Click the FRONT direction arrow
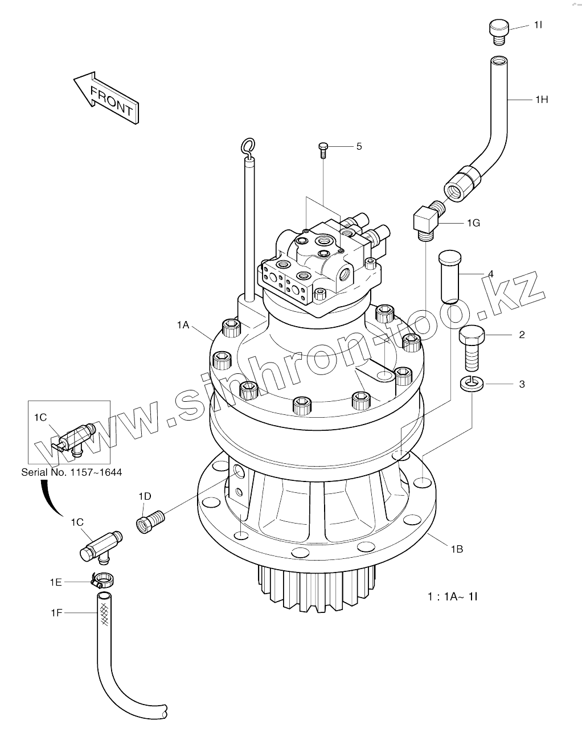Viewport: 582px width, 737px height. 106,97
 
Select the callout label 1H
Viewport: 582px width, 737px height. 541,100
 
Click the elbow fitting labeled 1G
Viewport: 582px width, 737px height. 425,220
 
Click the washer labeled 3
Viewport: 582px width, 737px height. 472,384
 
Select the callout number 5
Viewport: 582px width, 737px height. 359,146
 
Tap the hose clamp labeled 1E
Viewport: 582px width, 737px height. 103,580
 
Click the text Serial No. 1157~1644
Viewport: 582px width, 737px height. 71,472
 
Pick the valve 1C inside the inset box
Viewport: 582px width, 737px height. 71,438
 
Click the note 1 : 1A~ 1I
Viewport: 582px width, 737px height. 452,596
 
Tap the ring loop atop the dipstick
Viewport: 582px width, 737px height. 247,146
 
